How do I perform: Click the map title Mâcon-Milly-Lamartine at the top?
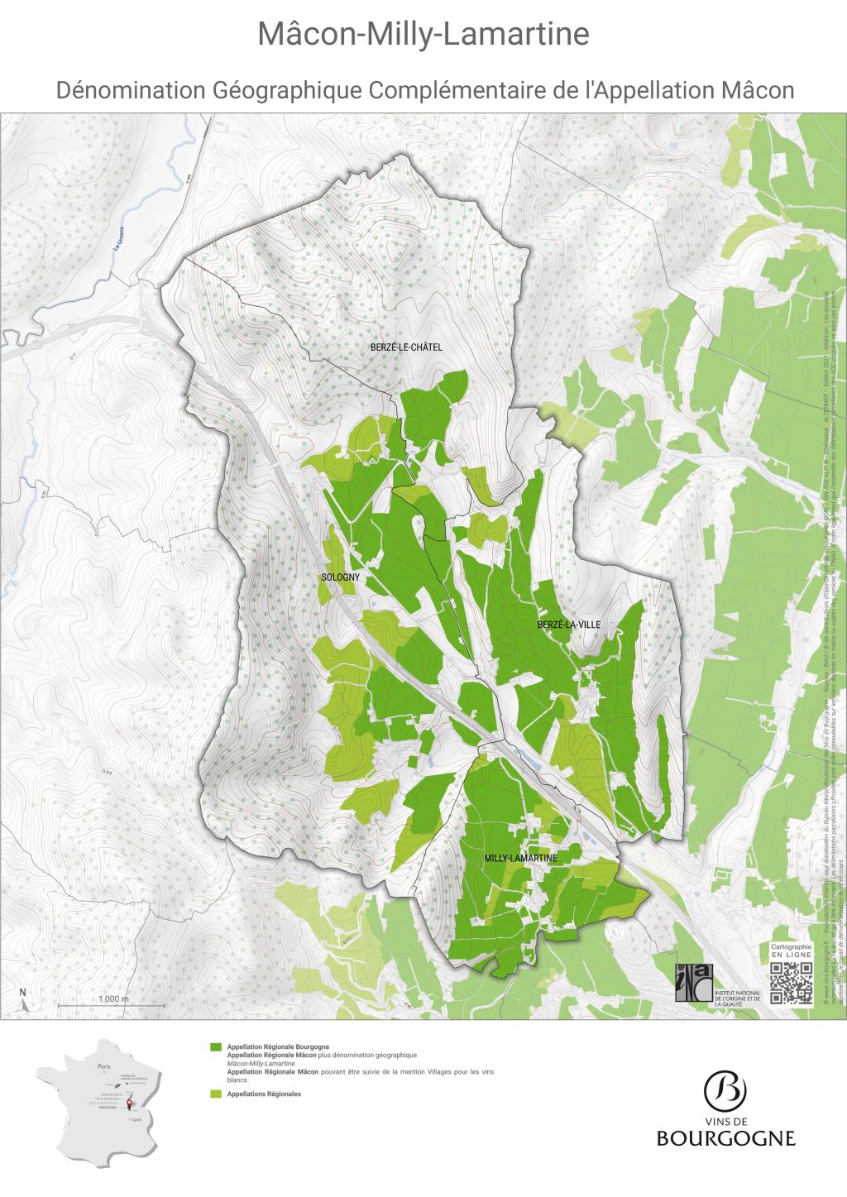pos(423,35)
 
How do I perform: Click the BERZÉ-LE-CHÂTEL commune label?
pos(406,347)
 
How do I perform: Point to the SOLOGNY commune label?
pos(336,579)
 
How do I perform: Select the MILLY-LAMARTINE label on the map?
pos(520,859)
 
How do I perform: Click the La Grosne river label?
pos(119,240)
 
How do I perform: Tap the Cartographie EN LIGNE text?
pos(792,950)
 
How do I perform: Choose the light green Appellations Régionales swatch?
pos(216,1094)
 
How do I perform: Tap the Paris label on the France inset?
pos(103,1067)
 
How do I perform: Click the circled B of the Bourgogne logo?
pos(725,1091)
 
